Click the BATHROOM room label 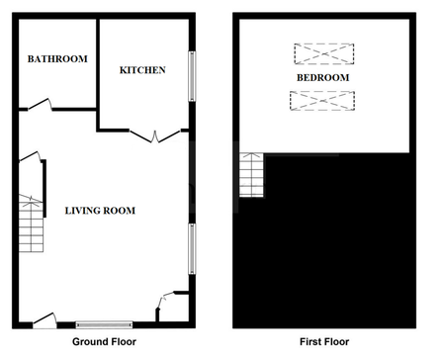(x=56, y=59)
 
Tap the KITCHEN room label (x=141, y=70)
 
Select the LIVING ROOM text (x=100, y=211)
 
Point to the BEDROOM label (x=322, y=76)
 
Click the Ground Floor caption (x=104, y=342)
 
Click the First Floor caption (x=322, y=342)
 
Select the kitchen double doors (x=152, y=135)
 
